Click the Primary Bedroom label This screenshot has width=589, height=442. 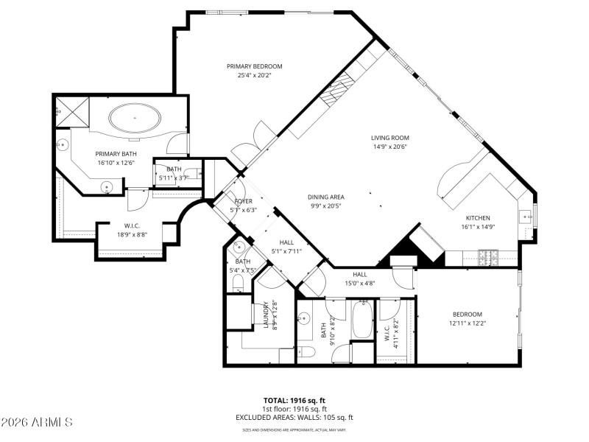click(x=254, y=66)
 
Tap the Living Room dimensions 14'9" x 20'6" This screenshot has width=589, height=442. click(x=390, y=147)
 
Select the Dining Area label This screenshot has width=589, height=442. click(x=326, y=197)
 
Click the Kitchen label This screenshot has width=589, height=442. click(x=477, y=218)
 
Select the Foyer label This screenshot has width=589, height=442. click(x=244, y=200)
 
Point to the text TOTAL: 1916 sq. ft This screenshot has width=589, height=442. click(x=294, y=400)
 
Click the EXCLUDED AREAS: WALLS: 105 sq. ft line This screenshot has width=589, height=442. click(x=294, y=418)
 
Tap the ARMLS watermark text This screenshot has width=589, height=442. click(x=37, y=422)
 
